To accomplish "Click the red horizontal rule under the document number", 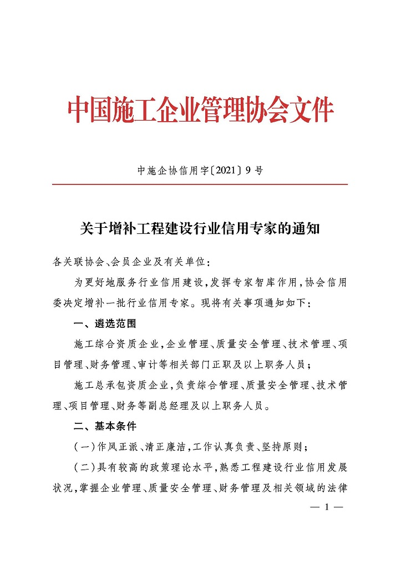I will pyautogui.click(x=200, y=184).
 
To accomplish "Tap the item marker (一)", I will pyautogui.click(x=84, y=447).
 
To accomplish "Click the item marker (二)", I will pyautogui.click(x=84, y=468).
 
